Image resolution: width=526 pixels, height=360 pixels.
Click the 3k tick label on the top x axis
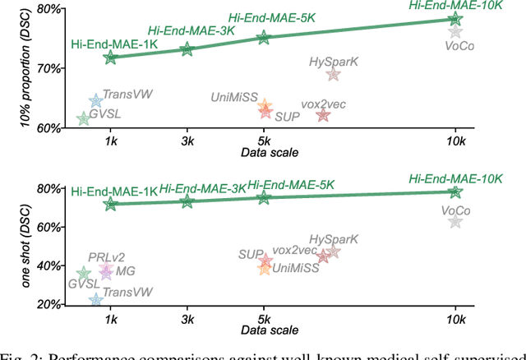coord(187,141)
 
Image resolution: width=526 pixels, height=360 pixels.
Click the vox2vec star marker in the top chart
coord(323,115)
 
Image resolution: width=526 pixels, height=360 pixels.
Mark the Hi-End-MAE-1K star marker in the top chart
coord(111,58)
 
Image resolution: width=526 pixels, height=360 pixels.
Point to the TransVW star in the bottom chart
coord(95,301)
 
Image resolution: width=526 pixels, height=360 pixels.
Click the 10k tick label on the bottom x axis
coord(455,319)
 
